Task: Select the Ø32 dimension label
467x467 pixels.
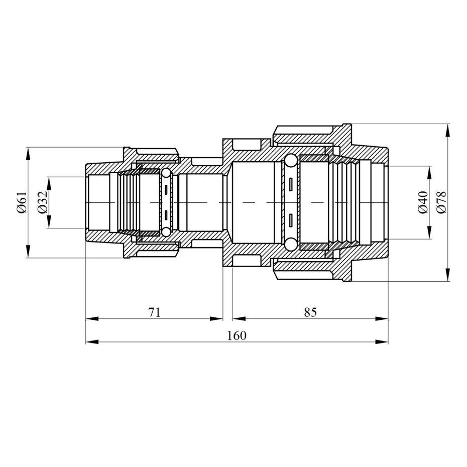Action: click(43, 202)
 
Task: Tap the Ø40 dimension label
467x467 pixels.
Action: click(423, 202)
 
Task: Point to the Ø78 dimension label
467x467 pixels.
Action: click(441, 202)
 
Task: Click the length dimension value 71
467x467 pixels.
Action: click(154, 312)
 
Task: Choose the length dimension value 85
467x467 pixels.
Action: click(310, 312)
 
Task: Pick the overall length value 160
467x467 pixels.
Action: click(237, 335)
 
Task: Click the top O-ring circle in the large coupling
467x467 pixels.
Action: click(290, 161)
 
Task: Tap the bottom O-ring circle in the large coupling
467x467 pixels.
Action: click(290, 244)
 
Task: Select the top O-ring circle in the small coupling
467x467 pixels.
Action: click(166, 173)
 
